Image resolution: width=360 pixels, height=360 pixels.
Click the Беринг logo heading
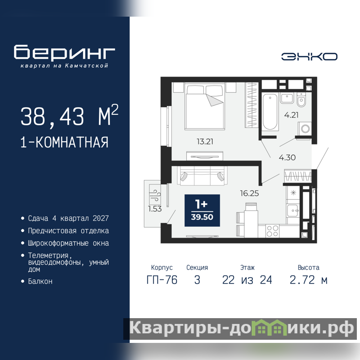pos(64,52)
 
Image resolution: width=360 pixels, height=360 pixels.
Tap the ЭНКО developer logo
pos(309,57)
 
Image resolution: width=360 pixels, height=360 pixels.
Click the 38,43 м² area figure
pos(69,116)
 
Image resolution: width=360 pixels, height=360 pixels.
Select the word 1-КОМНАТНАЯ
pos(64,142)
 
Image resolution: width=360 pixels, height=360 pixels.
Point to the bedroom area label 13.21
pos(205,141)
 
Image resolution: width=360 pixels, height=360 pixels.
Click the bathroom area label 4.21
pos(291,115)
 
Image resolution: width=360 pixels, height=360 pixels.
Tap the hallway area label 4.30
pos(287,157)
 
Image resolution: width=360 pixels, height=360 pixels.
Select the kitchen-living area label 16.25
pos(249,193)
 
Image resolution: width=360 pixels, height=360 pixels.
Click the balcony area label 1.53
pos(155,209)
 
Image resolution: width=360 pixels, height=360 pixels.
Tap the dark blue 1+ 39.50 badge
pos(202,211)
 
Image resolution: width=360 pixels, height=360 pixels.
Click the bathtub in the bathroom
pos(270,112)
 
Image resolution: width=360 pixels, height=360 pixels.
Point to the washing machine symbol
pos(305,129)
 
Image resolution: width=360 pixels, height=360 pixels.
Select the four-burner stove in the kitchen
pos(272,231)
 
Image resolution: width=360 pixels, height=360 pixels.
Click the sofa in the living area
pos(202,175)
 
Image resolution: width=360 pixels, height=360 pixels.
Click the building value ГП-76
pos(162,280)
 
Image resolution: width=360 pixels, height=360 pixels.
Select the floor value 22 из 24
pos(247,280)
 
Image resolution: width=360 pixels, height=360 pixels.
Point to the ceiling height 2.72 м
pos(308,280)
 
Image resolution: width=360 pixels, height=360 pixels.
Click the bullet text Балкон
pos(40,282)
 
